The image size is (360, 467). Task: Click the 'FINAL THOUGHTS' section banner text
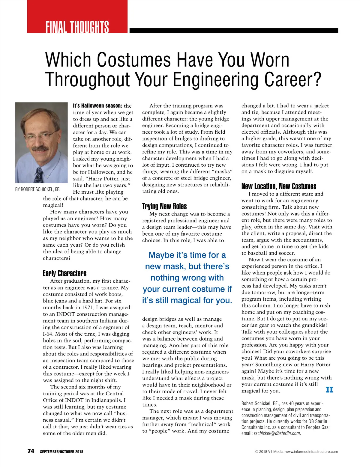point(77,27)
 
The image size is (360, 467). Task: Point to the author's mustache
point(40,149)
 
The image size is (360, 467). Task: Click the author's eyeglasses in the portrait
point(39,136)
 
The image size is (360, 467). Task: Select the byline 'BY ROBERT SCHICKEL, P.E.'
point(37,189)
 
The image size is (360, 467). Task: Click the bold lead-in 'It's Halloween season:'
point(97,106)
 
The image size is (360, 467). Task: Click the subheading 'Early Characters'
point(64,273)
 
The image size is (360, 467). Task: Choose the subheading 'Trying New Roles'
point(164,206)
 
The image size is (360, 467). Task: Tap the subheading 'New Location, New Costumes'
point(279,186)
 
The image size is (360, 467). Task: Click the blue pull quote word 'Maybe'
point(161,255)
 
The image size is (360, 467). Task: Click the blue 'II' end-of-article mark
point(329,390)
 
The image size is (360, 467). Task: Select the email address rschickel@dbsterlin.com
point(277,433)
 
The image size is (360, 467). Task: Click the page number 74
point(31,451)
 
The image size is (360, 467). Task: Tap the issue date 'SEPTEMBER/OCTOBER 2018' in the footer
point(61,451)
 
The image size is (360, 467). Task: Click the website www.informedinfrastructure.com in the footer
point(311,451)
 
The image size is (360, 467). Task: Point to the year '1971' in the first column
point(85,308)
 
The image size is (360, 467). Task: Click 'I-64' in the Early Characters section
point(48,334)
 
